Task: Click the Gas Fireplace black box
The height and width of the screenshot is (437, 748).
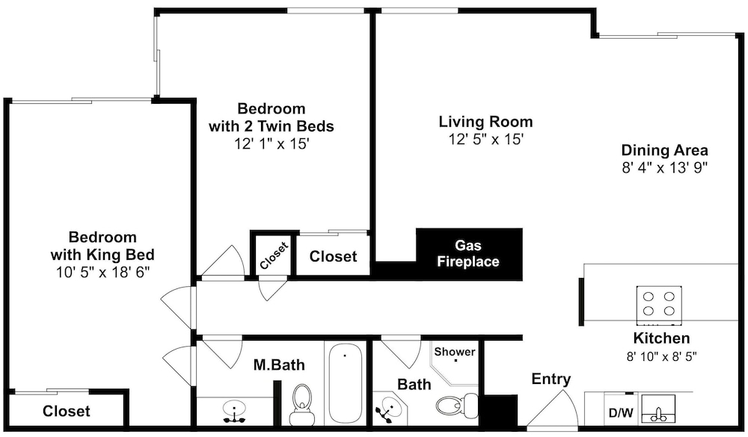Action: [469, 254]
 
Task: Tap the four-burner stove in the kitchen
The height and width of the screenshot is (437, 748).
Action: [659, 303]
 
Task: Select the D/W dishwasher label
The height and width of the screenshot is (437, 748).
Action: [621, 412]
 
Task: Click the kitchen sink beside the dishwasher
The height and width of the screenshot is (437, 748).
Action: [658, 409]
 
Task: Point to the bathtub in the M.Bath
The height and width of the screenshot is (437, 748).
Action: [345, 382]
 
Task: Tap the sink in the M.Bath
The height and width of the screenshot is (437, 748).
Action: [234, 410]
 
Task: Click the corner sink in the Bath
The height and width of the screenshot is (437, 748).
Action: [389, 409]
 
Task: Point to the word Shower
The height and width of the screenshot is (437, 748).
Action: [455, 352]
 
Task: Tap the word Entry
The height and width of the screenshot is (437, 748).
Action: [551, 379]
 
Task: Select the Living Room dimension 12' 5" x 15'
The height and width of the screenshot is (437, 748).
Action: [486, 140]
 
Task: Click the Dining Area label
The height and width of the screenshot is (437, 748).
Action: [664, 151]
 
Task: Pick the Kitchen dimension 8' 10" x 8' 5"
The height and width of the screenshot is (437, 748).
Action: [661, 356]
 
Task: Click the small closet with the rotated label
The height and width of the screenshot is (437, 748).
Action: [271, 255]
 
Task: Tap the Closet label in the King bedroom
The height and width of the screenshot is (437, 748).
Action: [67, 411]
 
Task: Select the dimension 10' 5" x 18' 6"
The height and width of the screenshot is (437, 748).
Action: [102, 272]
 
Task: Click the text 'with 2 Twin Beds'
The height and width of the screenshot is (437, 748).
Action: [272, 126]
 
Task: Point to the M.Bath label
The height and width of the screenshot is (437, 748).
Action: [279, 365]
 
